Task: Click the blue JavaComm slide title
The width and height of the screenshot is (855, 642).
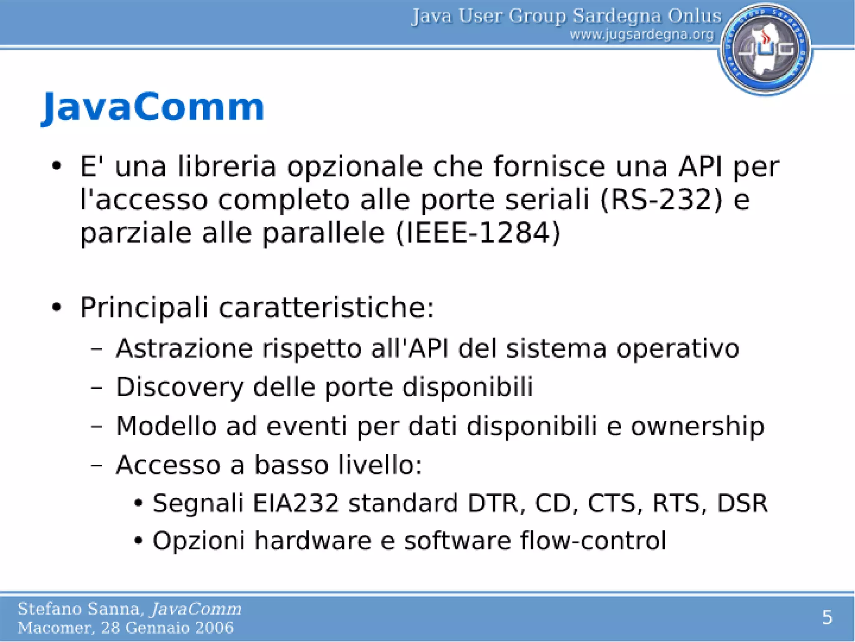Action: [x=153, y=107]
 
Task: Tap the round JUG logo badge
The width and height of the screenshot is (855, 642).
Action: [x=765, y=49]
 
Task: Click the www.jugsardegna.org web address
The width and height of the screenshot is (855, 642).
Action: [x=642, y=35]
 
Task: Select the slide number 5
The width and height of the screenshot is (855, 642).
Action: [x=827, y=617]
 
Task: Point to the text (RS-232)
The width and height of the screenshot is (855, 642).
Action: [x=661, y=199]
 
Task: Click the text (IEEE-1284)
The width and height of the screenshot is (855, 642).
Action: [x=478, y=233]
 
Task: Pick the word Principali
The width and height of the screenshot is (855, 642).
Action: [x=144, y=308]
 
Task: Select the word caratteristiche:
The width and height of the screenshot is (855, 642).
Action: [x=326, y=308]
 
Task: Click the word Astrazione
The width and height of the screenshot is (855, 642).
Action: [x=184, y=348]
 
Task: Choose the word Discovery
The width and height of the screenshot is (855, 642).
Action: [x=180, y=387]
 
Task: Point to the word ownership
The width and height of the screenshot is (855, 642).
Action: [x=698, y=426]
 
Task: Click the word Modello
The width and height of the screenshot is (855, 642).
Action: [x=166, y=426]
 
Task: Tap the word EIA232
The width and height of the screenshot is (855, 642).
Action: [x=296, y=503]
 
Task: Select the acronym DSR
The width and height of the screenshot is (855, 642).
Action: [x=742, y=503]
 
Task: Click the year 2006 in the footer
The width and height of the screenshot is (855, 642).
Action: [x=216, y=627]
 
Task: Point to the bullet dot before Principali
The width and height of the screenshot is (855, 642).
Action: [x=57, y=308]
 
